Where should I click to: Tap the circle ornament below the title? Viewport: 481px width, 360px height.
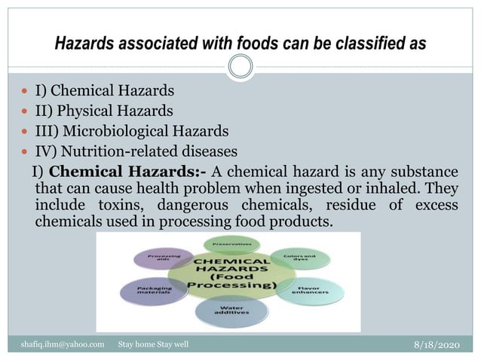[x=240, y=68]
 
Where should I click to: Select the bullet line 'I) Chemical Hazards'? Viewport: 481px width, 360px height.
[x=104, y=91]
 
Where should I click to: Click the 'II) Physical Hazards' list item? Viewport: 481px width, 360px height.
[x=104, y=111]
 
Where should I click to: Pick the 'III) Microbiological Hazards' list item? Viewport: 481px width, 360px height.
[x=131, y=130]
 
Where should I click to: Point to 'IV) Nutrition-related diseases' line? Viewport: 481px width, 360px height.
[x=136, y=150]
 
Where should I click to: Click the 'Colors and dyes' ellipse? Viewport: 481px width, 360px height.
[x=294, y=260]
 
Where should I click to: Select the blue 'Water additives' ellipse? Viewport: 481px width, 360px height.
[x=229, y=314]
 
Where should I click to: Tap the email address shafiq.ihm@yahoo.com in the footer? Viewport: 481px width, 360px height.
[x=62, y=344]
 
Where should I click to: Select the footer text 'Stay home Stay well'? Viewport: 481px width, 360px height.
[x=154, y=344]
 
